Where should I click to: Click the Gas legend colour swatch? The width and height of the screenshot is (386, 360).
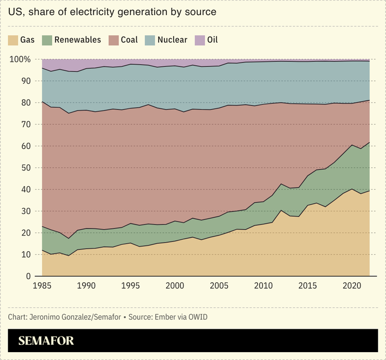[x=13, y=40]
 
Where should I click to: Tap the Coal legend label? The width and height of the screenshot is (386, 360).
[x=129, y=40]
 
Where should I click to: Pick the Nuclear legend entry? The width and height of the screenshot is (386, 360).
[x=172, y=40]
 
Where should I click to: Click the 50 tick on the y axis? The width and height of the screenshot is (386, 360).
[x=25, y=168]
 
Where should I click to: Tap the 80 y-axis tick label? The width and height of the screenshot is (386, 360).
[x=25, y=103]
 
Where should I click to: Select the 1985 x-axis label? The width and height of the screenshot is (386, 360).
[x=42, y=286]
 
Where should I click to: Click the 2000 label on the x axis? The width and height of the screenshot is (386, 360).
[x=175, y=286]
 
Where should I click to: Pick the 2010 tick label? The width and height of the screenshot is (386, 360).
[x=263, y=286]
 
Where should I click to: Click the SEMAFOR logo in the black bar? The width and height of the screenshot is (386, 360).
[x=46, y=341]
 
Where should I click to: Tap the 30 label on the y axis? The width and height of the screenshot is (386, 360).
[x=25, y=211]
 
